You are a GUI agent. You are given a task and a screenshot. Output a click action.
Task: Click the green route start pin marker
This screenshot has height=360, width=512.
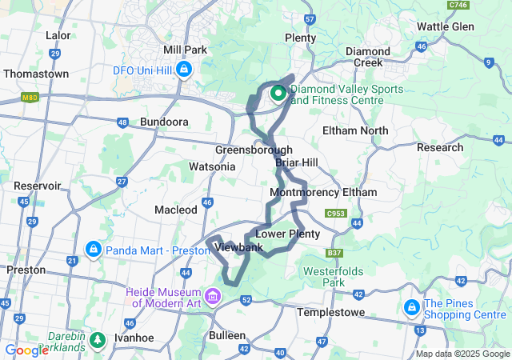[x=278, y=94]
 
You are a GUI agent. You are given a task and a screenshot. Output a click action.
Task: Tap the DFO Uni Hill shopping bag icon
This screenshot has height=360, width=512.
[x=184, y=70]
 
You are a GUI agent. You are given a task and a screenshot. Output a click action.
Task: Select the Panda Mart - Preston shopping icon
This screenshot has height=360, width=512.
[x=94, y=250]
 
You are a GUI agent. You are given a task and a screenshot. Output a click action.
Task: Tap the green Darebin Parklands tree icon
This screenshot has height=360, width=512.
[x=97, y=339]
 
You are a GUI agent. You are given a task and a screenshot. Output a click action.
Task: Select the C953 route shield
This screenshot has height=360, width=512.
[x=334, y=214]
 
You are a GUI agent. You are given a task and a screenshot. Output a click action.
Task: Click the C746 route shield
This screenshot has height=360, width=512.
[x=458, y=5]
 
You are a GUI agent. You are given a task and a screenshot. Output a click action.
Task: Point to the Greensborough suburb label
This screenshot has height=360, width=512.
[x=254, y=150]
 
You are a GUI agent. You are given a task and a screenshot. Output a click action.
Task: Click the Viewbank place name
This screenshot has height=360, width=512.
[x=238, y=248]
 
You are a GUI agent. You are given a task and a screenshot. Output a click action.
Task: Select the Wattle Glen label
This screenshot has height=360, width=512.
[x=446, y=26]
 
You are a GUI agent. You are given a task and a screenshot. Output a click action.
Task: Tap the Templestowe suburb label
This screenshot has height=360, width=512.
[x=330, y=312]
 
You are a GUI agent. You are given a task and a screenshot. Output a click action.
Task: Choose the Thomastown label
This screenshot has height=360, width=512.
[x=34, y=73]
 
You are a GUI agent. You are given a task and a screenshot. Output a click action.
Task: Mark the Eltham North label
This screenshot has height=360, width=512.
[x=354, y=130]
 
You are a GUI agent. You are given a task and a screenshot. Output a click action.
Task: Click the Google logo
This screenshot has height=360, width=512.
[x=26, y=350]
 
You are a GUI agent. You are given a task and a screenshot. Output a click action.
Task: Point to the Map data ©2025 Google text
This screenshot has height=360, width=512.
[x=462, y=354]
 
